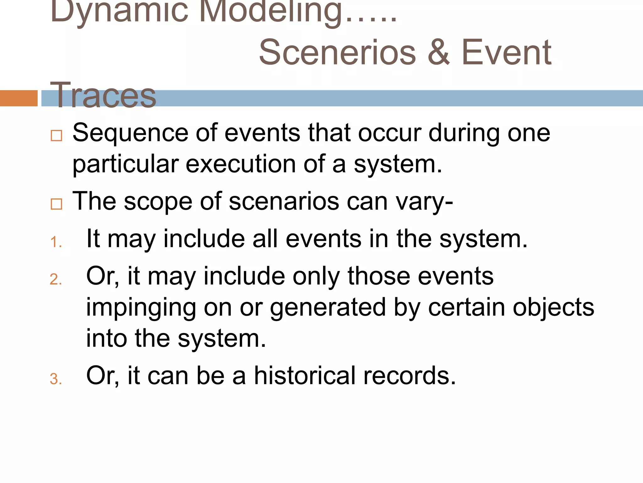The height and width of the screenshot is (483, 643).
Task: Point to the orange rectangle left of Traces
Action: point(19,98)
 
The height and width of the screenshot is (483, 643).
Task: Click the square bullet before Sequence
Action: point(57,136)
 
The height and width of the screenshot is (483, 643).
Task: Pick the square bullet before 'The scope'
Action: point(57,204)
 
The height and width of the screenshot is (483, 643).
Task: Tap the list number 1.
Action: point(56,242)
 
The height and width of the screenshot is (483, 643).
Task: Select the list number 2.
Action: point(56,279)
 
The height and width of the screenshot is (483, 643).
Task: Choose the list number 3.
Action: point(56,379)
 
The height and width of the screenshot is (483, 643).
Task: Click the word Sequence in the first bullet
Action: point(130,133)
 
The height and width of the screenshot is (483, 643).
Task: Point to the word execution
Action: point(240,164)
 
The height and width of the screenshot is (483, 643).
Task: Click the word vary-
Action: point(424,202)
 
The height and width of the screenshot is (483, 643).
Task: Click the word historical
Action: point(305,375)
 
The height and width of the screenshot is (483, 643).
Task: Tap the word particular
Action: point(126,164)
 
